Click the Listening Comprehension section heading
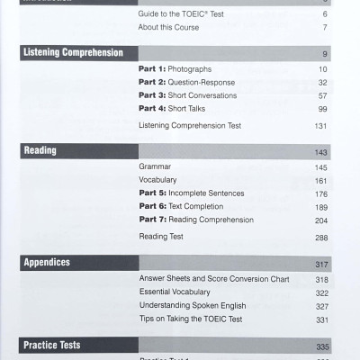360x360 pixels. tap(72, 53)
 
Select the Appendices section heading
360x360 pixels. tap(47, 263)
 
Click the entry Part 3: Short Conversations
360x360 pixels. tap(188, 95)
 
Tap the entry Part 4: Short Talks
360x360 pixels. tap(174, 108)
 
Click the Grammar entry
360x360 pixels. tap(155, 167)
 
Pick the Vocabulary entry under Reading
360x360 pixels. tap(158, 180)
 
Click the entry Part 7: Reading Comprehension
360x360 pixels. tap(196, 220)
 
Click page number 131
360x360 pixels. tap(321, 126)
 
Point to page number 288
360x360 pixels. tap(321, 238)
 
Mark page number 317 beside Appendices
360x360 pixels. tap(321, 264)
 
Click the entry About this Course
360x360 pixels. tap(169, 28)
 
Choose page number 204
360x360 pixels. tap(321, 220)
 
